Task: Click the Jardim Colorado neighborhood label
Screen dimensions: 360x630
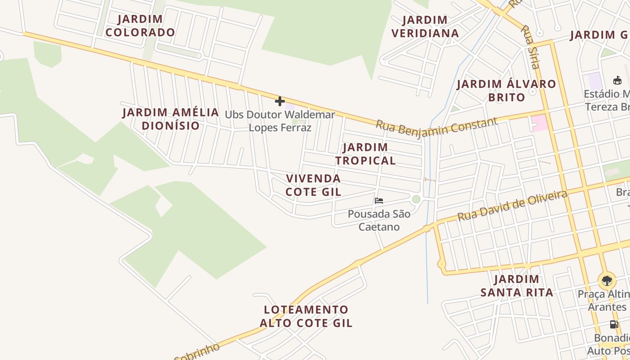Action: pos(140,26)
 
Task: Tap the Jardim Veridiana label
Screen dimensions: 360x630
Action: pos(425,27)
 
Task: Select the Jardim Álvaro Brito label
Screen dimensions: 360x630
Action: pos(506,90)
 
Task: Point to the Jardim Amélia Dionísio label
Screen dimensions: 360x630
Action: pos(171,119)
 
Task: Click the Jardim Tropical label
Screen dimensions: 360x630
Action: pos(365,154)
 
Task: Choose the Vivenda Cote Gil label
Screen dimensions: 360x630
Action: pos(314,185)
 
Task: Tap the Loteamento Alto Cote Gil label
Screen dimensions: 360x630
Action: pos(306,316)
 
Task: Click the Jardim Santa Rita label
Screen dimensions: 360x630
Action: pos(517,286)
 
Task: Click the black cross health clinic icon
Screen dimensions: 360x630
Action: pos(280,101)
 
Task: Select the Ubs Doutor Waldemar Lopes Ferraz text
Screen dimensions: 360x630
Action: pos(280,121)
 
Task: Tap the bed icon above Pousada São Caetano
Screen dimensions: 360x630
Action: pos(379,201)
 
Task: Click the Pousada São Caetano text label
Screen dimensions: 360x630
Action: pos(379,220)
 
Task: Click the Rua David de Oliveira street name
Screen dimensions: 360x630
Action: pos(512,206)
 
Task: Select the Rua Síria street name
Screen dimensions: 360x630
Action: pos(530,47)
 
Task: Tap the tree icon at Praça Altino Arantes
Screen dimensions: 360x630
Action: pos(607,281)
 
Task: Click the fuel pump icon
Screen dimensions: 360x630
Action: pos(613,324)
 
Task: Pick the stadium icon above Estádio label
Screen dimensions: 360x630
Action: pos(617,81)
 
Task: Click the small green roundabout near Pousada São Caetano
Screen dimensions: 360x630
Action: pos(416,199)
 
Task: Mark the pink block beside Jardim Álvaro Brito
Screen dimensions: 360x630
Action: pos(540,123)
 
